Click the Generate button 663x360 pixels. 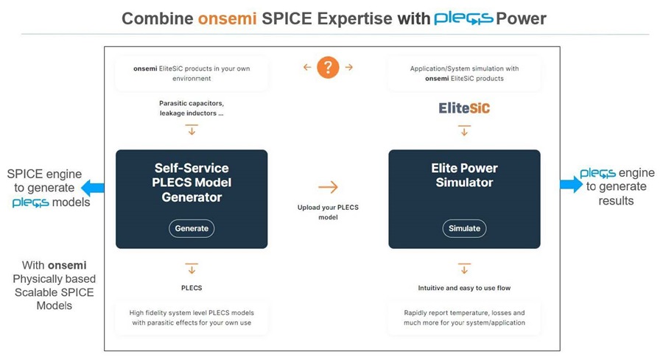pyautogui.click(x=192, y=228)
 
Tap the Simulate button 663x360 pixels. pyautogui.click(x=464, y=228)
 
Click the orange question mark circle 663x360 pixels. pyautogui.click(x=328, y=68)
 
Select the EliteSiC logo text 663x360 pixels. pyautogui.click(x=464, y=108)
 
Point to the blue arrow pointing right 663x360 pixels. pyautogui.click(x=571, y=185)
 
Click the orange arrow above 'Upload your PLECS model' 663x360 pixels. pyautogui.click(x=328, y=188)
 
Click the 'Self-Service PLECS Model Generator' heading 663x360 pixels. pyautogui.click(x=192, y=183)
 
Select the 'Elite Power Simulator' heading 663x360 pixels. pyautogui.click(x=464, y=175)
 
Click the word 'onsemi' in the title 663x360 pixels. pyautogui.click(x=228, y=18)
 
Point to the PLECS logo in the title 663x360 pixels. pyautogui.click(x=463, y=18)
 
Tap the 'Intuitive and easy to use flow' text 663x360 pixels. pyautogui.click(x=464, y=288)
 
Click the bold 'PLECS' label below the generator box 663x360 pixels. pyautogui.click(x=192, y=288)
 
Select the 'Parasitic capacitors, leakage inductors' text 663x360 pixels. pyautogui.click(x=192, y=108)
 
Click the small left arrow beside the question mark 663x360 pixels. pyautogui.click(x=307, y=68)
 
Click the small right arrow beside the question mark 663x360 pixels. pyautogui.click(x=348, y=68)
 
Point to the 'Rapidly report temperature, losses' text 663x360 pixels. pyautogui.click(x=464, y=317)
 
